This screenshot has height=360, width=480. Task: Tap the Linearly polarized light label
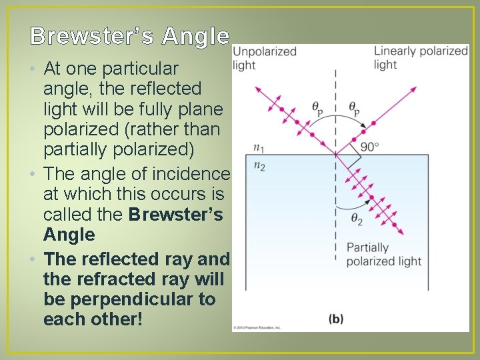420,58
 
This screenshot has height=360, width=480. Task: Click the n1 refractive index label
259,148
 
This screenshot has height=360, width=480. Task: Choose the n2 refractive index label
259,167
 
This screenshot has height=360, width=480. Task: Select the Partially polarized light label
383,254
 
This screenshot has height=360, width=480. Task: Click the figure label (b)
336,319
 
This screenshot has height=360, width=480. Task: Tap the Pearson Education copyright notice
257,327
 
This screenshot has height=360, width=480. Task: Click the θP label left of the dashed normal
318,107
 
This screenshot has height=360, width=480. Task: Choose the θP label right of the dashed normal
355,107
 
